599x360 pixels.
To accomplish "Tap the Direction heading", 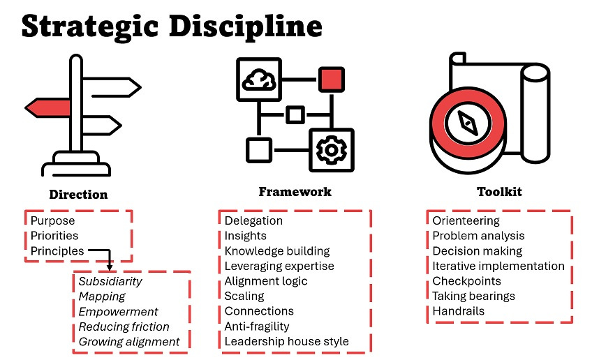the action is (x=78, y=195).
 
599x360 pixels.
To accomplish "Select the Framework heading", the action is (x=295, y=191).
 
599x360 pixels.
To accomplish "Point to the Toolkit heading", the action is (x=499, y=191).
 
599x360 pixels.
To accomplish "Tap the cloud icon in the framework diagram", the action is (x=258, y=79).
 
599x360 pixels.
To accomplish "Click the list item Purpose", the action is (x=52, y=221).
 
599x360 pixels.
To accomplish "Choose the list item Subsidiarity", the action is (x=110, y=282).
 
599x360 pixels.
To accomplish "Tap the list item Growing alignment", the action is (x=129, y=342).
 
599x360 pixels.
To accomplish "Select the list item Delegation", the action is (x=253, y=221).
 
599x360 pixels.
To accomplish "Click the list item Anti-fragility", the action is (x=257, y=327).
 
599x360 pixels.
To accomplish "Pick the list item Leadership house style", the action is (x=286, y=342).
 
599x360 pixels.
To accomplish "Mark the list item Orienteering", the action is (x=466, y=221).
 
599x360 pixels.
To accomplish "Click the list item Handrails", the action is (x=459, y=311).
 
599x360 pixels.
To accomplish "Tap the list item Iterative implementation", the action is (x=498, y=266).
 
